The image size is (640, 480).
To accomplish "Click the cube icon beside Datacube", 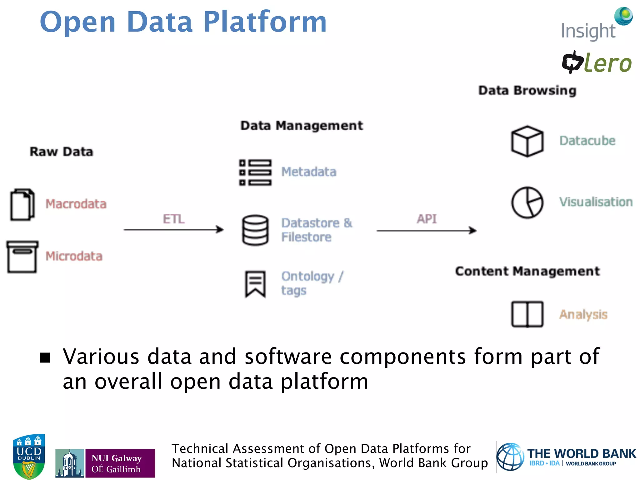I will (527, 141).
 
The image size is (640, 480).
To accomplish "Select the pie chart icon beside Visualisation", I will (527, 202).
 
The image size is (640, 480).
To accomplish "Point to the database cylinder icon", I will (255, 230).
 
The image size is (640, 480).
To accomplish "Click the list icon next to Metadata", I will (255, 172).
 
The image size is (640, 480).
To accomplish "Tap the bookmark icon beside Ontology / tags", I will (255, 284).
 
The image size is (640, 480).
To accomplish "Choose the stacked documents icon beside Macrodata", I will (22, 205).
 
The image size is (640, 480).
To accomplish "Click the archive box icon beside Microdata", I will (22, 257).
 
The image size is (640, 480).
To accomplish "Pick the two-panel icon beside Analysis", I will (527, 314).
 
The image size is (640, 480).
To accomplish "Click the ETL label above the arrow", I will (174, 219).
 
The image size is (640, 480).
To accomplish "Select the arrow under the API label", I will (427, 231).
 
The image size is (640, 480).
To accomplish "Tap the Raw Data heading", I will (61, 152).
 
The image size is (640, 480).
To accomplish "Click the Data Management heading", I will (302, 126).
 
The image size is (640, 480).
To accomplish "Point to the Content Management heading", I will (527, 271).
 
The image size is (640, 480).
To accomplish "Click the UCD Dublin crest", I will (29, 456).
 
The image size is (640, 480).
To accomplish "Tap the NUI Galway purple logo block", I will (120, 463).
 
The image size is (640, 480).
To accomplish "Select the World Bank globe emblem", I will (510, 457).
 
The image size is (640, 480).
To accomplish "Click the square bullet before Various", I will (45, 357).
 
